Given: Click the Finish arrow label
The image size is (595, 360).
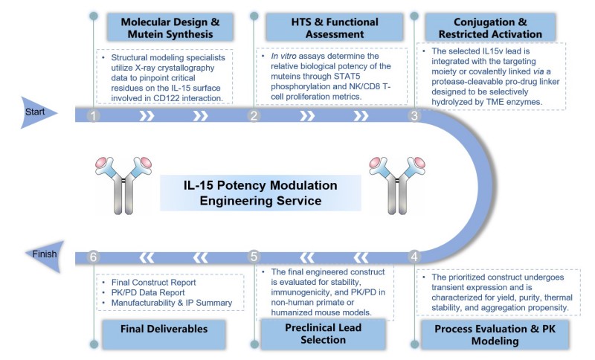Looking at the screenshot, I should coord(44,254).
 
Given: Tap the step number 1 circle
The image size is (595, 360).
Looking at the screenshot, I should coord(93,116).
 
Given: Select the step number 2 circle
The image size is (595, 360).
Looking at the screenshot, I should coord(254,116).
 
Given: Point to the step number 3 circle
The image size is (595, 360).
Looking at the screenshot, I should coord(415,116).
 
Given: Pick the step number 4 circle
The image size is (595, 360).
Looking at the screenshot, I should coord(415,257).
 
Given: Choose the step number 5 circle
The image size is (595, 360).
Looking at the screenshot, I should coord(254,257).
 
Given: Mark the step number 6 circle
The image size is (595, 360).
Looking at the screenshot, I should coord(93,257).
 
